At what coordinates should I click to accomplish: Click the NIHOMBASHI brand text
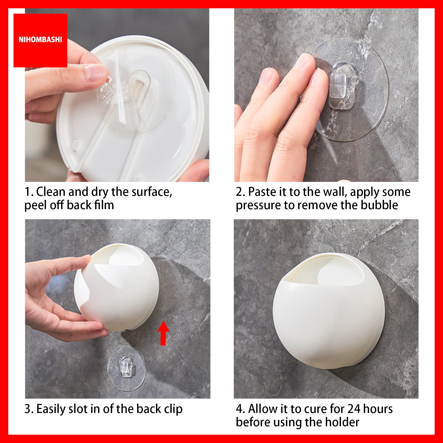[40, 40]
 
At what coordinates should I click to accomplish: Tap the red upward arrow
[163, 333]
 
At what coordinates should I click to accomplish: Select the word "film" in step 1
[105, 205]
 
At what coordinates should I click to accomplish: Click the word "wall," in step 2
[336, 192]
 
